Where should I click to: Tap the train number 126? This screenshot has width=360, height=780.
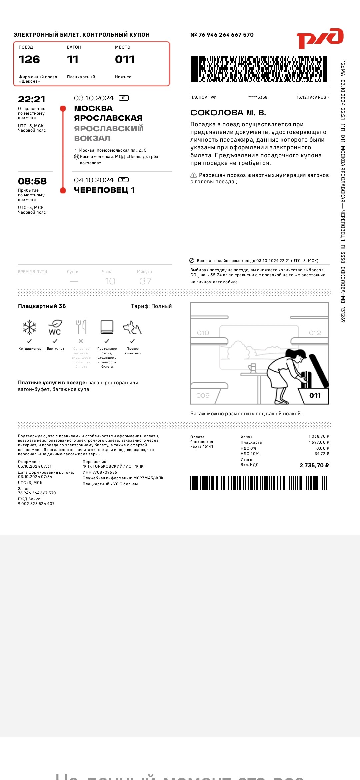pyautogui.click(x=29, y=60)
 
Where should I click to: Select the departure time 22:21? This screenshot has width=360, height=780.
pyautogui.click(x=32, y=99)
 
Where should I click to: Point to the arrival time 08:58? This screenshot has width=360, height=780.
pyautogui.click(x=32, y=181)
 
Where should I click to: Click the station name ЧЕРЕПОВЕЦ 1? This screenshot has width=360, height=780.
pyautogui.click(x=104, y=190)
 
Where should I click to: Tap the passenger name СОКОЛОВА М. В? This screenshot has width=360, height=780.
pyautogui.click(x=228, y=113)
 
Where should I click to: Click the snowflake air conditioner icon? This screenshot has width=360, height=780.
pyautogui.click(x=30, y=327)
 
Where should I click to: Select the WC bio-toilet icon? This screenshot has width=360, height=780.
pyautogui.click(x=55, y=327)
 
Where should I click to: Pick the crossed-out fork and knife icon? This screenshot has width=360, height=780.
pyautogui.click(x=81, y=327)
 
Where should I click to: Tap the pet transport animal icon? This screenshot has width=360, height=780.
pyautogui.click(x=132, y=328)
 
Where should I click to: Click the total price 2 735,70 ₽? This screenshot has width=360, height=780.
pyautogui.click(x=314, y=465)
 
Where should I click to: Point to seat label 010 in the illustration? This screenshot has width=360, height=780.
pyautogui.click(x=203, y=333)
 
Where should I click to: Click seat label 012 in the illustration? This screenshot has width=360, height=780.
pyautogui.click(x=315, y=333)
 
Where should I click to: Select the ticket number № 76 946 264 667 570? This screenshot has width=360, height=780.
pyautogui.click(x=222, y=35)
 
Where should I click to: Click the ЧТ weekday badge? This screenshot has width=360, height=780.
pyautogui.click(x=124, y=98)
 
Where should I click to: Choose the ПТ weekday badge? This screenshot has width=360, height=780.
pyautogui.click(x=123, y=180)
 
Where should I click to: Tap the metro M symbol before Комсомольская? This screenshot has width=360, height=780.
pyautogui.click(x=77, y=157)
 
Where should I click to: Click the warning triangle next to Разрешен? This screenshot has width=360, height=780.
pyautogui.click(x=193, y=175)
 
